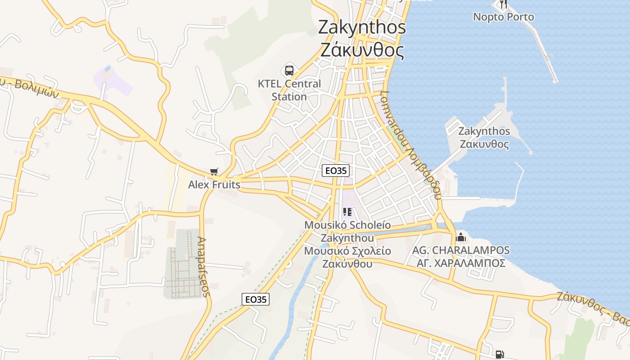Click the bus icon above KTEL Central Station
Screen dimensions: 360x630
(x=289, y=71)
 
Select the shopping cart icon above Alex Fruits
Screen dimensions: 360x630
(x=214, y=172)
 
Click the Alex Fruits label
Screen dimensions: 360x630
(x=214, y=184)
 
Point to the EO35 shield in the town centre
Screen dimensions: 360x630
(x=336, y=171)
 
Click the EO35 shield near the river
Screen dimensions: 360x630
(x=256, y=299)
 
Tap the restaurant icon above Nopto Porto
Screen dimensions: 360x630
(x=503, y=4)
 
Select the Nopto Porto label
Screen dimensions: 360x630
(x=503, y=17)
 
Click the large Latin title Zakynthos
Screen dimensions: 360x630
(x=362, y=27)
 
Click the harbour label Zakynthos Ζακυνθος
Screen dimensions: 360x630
(x=484, y=138)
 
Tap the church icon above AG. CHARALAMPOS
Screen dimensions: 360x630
(x=461, y=237)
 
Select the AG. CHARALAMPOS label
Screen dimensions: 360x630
(x=461, y=250)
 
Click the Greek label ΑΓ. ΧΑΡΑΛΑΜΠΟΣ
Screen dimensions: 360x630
(x=461, y=263)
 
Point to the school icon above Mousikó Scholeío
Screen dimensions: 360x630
(x=347, y=212)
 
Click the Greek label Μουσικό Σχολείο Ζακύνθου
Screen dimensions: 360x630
(x=347, y=257)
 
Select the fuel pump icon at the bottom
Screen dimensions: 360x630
(x=499, y=355)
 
